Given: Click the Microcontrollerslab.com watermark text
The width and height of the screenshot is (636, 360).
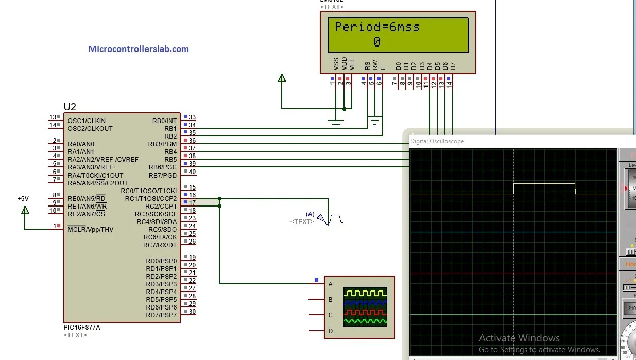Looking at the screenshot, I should click(x=139, y=49).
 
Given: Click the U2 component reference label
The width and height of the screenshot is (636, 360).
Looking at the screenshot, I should click(x=70, y=107).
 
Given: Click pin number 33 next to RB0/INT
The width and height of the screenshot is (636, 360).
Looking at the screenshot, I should click(x=192, y=117).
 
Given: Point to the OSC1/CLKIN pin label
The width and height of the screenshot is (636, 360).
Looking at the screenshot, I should click(x=87, y=121).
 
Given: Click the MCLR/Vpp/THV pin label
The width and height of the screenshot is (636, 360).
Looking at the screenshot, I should click(x=91, y=229).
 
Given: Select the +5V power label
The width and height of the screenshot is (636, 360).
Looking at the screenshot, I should click(x=23, y=198).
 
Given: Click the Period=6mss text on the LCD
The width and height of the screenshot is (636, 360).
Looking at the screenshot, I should click(x=377, y=27).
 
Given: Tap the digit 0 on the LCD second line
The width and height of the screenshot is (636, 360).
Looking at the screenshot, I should click(x=377, y=42).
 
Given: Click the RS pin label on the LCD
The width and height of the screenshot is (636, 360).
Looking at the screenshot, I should click(x=367, y=65).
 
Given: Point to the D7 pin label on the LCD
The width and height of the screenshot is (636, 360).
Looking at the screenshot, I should click(x=453, y=66).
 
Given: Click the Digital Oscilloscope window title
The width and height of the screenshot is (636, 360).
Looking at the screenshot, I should click(x=437, y=141).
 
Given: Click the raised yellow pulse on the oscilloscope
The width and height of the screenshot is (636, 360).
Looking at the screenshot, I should click(x=544, y=184).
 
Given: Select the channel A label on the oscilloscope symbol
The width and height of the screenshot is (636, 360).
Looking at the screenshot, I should click(x=331, y=284).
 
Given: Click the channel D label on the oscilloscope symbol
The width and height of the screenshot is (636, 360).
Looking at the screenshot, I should click(x=331, y=330).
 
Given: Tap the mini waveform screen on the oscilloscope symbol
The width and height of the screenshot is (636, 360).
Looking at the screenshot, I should click(x=365, y=307).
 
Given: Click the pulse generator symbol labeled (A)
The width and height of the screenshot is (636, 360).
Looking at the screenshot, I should click(x=331, y=219).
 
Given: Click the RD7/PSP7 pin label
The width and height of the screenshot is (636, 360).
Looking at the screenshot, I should click(x=161, y=315).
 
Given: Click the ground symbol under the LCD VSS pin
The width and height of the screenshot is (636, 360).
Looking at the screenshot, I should click(x=336, y=123).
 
